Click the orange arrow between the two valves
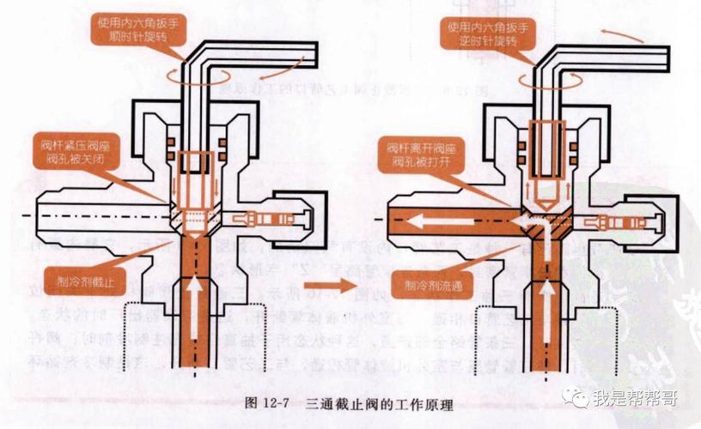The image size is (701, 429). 344,285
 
